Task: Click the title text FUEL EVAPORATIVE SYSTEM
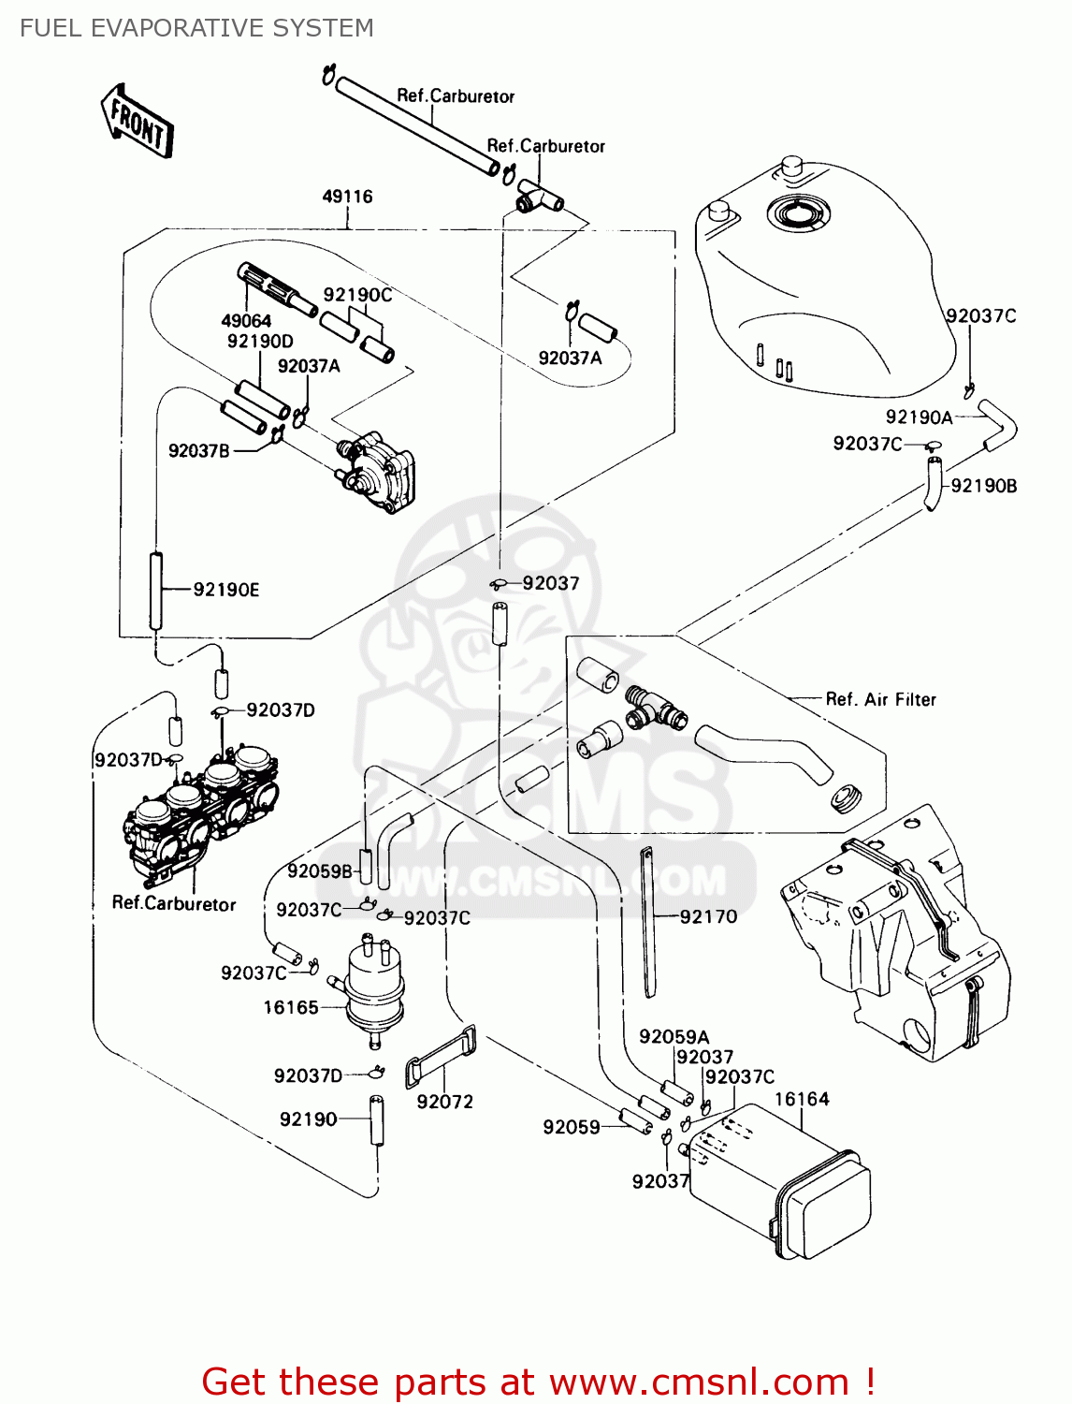196,28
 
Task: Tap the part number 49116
347,197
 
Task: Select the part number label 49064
246,321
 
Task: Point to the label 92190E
226,590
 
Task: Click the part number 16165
291,1008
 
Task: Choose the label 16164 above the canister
802,1099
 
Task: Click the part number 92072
445,1103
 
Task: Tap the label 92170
708,917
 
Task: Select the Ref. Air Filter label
880,699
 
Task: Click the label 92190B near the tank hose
984,486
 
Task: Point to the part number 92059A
674,1037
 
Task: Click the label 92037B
198,451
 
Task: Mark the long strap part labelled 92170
647,922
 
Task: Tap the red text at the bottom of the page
538,1382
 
